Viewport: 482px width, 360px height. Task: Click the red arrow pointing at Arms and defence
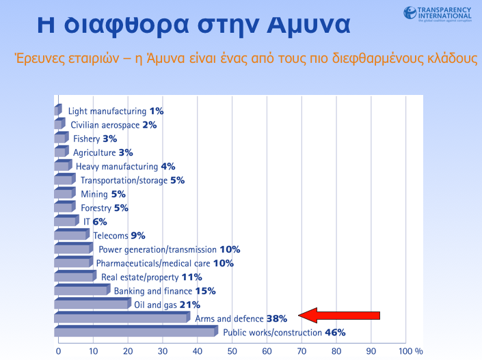340,315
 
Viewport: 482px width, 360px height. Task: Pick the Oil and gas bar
92,305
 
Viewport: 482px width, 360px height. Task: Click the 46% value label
335,333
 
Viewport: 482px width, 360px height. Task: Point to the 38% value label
276,319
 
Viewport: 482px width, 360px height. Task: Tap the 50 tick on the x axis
232,350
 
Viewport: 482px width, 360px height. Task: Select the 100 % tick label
411,350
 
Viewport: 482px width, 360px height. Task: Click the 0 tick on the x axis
58,350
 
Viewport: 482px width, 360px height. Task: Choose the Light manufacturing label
107,111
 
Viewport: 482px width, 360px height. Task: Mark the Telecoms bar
71,236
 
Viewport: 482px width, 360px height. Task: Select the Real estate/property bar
75,277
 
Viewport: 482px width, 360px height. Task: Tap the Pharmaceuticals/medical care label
154,263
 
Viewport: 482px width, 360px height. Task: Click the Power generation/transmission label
157,249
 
